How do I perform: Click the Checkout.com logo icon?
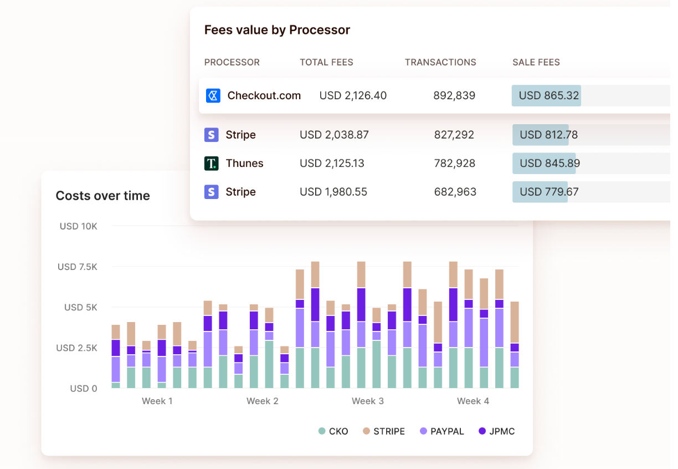(213, 96)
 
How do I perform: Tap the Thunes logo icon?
(211, 164)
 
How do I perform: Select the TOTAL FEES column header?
(326, 63)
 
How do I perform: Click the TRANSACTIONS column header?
(440, 63)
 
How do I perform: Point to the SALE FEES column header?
(536, 63)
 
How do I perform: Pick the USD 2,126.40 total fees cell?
(353, 96)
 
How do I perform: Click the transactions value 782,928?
(455, 164)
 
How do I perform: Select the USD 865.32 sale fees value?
(549, 96)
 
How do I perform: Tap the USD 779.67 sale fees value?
(549, 192)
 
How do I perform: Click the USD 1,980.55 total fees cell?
(333, 192)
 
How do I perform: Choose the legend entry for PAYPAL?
(442, 431)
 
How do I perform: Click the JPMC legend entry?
(496, 431)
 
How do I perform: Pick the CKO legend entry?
(333, 431)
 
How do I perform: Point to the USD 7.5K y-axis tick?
(78, 267)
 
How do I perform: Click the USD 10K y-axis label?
(79, 226)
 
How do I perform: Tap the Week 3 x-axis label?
(368, 401)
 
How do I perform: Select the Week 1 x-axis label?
(157, 401)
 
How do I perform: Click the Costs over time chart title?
(103, 196)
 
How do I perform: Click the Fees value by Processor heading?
(277, 30)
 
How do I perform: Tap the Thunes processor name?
(245, 164)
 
